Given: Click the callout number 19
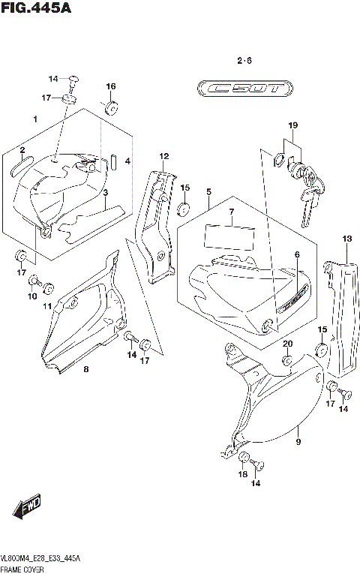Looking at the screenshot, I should click(293, 125).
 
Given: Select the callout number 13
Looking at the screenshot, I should click(346, 239).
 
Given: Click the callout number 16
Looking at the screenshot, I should click(110, 87).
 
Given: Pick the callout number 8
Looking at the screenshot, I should click(85, 369).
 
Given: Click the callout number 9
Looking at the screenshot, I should click(298, 431).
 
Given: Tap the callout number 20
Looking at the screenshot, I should click(287, 344).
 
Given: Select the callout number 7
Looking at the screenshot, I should click(232, 212).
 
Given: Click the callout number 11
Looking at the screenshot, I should click(46, 306).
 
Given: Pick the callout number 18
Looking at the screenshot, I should click(242, 474).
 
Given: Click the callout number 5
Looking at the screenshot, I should click(208, 192).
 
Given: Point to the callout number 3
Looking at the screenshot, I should click(106, 193).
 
